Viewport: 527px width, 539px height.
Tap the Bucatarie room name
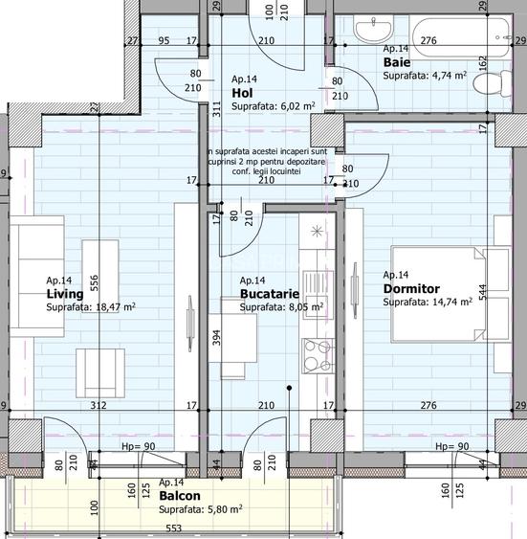click(x=270, y=294)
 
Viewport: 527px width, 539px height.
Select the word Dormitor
click(x=411, y=288)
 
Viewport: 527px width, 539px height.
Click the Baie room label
click(x=397, y=61)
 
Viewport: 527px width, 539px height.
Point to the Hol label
click(x=242, y=93)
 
